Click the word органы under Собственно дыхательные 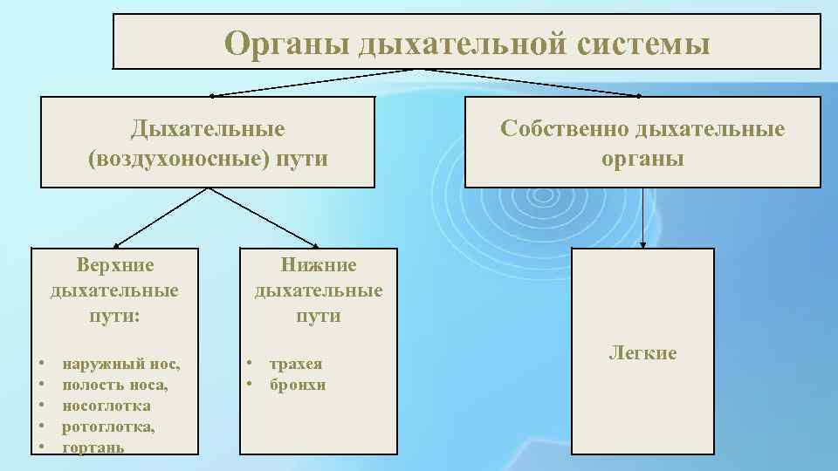coord(642,159)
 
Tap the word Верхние coord(114,264)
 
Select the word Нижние coord(319,264)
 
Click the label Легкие coord(642,353)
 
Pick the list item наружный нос coord(121,364)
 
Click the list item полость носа coord(115,385)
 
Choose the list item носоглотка coord(106,406)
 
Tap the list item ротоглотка coord(108,427)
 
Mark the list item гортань coord(93,447)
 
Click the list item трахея coord(296,364)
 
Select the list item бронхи coord(298,385)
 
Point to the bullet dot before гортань coord(42,447)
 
